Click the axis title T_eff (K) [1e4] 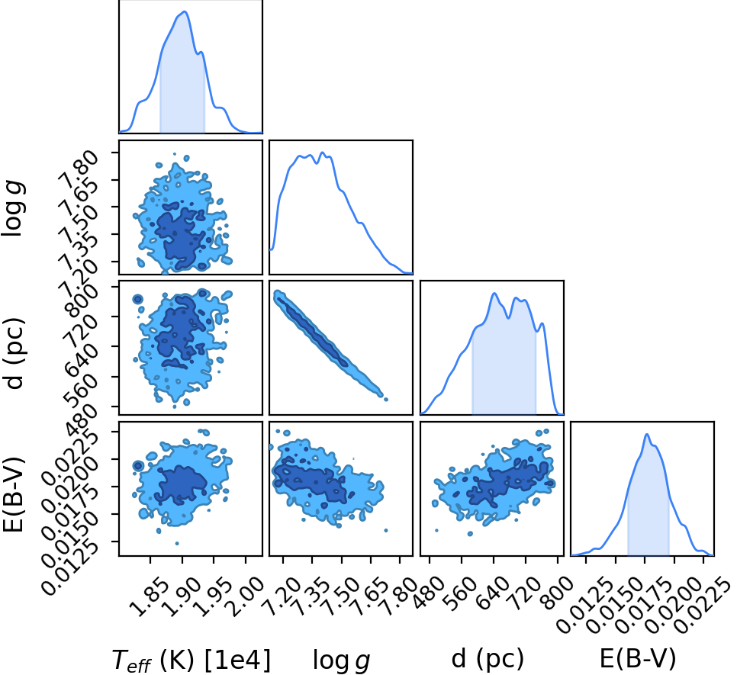coord(191,660)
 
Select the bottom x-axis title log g coord(342,660)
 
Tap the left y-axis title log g coord(13,207)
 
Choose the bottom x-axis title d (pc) coord(488,658)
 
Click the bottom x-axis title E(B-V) coord(638,658)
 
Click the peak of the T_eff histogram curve coord(185,11)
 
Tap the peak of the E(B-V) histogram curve coord(647,434)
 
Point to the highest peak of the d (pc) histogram coord(494,294)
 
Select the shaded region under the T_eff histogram coord(182,85)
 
